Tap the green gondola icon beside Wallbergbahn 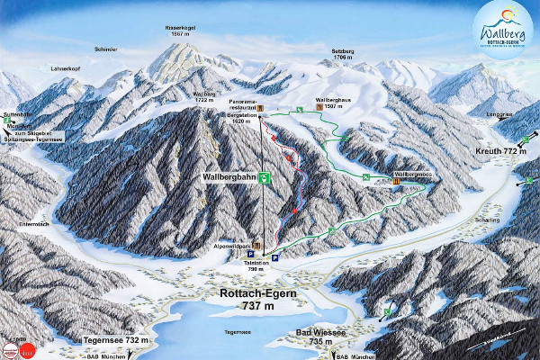264,178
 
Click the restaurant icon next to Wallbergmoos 395,181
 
